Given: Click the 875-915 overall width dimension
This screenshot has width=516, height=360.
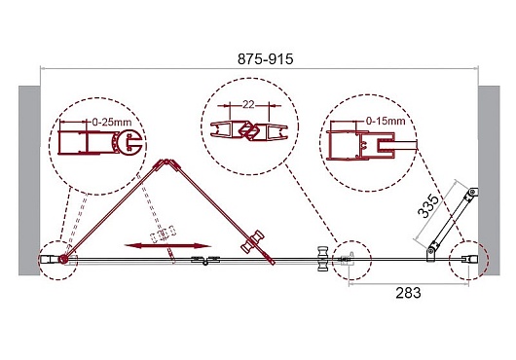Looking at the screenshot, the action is click(x=265, y=59).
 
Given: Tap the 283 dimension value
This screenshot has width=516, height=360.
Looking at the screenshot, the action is click(x=408, y=293).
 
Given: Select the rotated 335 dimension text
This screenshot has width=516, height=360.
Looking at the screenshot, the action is click(x=428, y=207).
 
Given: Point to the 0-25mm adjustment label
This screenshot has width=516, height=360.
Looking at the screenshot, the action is click(x=112, y=123).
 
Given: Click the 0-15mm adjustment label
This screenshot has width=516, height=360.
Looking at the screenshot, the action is click(x=386, y=121).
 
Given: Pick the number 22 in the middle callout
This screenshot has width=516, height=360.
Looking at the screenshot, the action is click(x=249, y=104).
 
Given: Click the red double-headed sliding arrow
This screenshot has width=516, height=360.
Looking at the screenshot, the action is click(x=167, y=245).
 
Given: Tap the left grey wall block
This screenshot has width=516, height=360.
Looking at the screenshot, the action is click(x=29, y=180).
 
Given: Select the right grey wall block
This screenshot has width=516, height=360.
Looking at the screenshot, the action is click(x=489, y=180).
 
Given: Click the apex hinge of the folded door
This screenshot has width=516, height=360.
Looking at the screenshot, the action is click(x=167, y=163).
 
